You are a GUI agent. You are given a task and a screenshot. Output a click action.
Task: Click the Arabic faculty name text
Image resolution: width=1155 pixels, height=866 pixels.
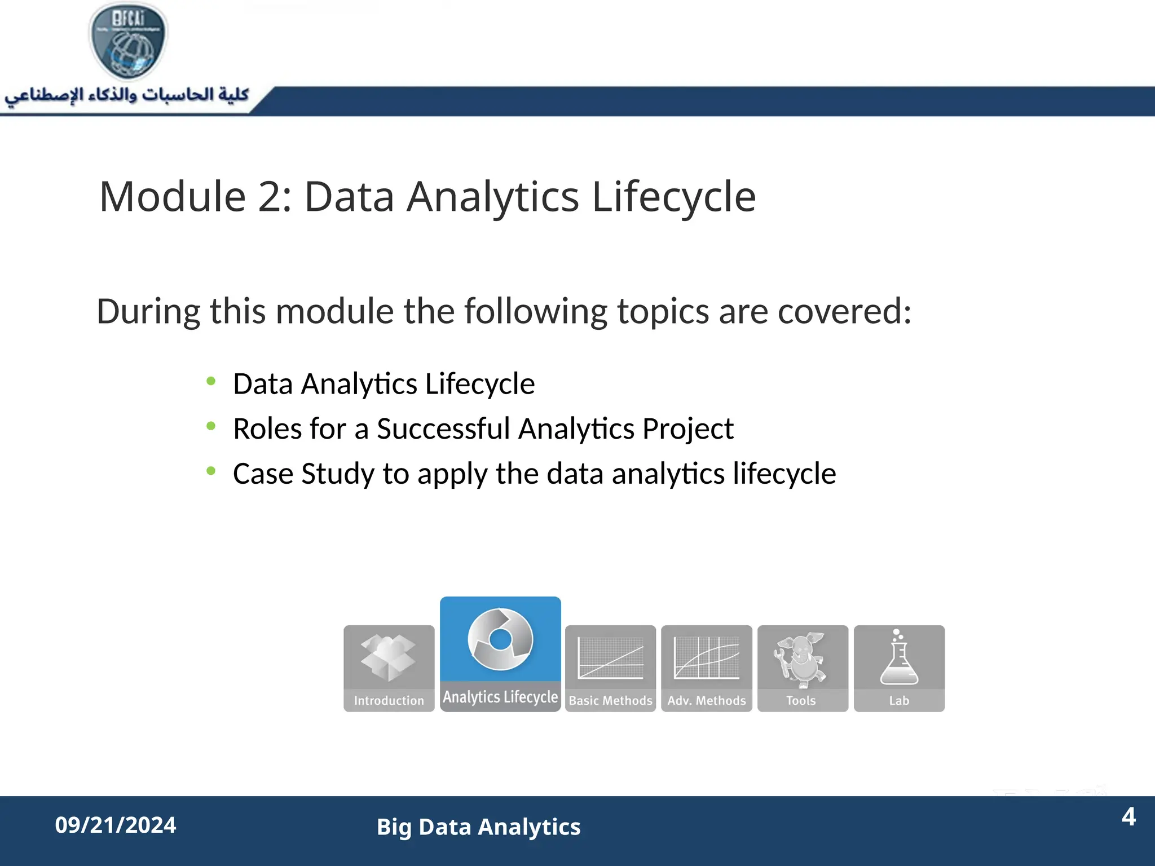[x=127, y=95]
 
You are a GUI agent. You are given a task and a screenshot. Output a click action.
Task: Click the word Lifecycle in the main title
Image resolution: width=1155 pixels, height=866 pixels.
[x=673, y=197]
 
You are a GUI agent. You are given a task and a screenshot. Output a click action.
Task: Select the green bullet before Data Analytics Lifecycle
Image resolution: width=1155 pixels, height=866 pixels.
[x=211, y=382]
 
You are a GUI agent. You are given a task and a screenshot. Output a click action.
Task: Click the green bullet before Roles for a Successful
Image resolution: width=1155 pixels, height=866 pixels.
[x=211, y=426]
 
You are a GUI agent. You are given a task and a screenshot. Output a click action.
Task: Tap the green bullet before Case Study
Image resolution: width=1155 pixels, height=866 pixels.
[x=211, y=471]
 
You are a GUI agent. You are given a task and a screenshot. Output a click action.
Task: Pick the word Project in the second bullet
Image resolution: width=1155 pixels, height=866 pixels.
[x=687, y=428]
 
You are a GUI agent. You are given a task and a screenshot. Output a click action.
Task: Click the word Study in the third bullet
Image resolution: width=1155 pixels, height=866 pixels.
[x=338, y=474]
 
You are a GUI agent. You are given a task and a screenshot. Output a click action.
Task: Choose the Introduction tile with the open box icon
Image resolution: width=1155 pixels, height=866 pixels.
[x=389, y=668]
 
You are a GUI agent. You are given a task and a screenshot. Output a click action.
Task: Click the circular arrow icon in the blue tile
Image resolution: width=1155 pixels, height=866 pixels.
[x=500, y=639]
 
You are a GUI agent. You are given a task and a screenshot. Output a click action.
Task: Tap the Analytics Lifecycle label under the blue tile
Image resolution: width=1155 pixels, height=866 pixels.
[x=500, y=697]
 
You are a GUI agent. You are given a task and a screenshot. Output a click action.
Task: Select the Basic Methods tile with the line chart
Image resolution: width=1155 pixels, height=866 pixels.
[x=610, y=668]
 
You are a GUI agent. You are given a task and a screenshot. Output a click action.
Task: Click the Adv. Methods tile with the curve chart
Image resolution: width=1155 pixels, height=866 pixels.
[x=707, y=668]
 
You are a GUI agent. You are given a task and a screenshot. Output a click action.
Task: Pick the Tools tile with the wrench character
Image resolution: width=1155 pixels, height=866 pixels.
[x=802, y=668]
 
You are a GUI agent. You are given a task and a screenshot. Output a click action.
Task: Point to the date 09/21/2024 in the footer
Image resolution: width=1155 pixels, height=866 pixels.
[x=116, y=825]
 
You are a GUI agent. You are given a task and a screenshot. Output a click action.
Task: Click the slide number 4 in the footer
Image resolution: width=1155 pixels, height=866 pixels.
[x=1128, y=816]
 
